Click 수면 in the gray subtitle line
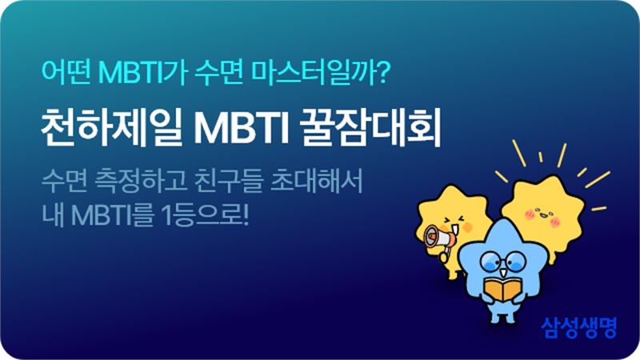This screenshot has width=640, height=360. tap(65, 181)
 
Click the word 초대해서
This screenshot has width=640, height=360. tap(317, 181)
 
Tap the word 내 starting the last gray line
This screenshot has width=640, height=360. tap(53, 215)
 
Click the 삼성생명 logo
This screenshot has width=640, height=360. tap(578, 327)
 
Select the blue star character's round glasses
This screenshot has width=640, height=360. tap(503, 260)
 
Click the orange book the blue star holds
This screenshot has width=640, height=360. tap(503, 290)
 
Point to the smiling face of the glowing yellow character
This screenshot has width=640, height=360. tap(543, 216)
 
